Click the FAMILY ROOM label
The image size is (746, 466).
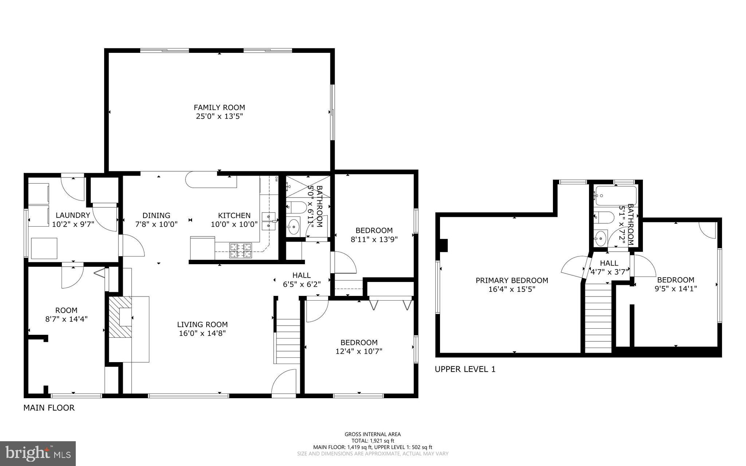click(x=219, y=107)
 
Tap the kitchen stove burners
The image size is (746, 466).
click(x=240, y=251)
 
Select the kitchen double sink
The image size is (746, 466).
click(x=268, y=221)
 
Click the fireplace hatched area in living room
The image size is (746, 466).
click(x=120, y=316)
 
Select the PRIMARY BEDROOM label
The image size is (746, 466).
click(x=511, y=281)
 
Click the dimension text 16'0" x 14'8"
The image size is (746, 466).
click(x=203, y=333)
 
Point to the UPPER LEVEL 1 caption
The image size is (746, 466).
click(x=465, y=369)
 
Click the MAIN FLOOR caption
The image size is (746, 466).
click(x=49, y=408)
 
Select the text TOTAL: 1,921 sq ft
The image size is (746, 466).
click(x=373, y=440)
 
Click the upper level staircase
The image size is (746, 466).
click(x=598, y=319)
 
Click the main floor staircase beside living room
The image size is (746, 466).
click(x=288, y=341)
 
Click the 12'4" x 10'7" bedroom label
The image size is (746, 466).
click(x=359, y=347)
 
